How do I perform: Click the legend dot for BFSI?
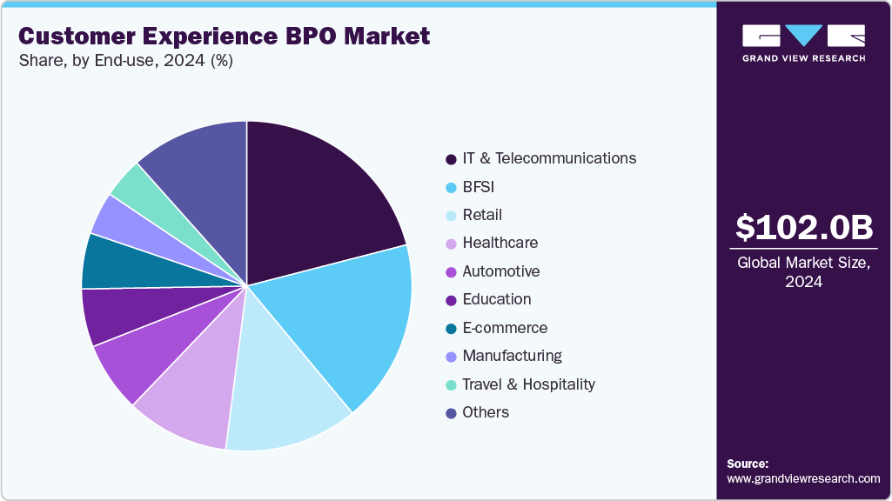pos(451,187)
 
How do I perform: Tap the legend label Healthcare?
pos(500,243)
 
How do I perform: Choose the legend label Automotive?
pos(500,271)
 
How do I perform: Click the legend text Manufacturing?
pos(512,356)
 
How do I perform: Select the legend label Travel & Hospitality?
pos(528,384)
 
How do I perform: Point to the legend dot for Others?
pos(451,413)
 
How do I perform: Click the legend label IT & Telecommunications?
pos(549,158)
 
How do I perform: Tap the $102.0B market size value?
pos(803,228)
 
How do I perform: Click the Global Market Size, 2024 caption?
pos(803,272)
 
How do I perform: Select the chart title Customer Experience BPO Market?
pos(224,37)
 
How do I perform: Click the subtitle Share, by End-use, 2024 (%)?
pos(125,61)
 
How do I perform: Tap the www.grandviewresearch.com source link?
pos(803,478)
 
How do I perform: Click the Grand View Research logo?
pos(803,43)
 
